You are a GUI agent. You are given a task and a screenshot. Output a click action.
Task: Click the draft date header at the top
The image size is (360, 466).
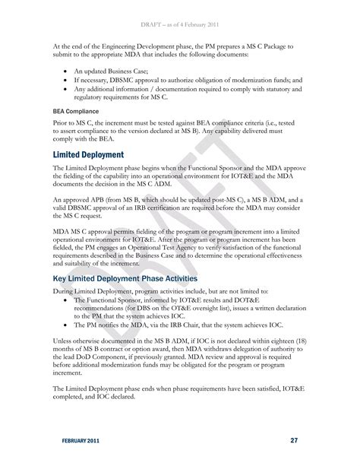[179, 8]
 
